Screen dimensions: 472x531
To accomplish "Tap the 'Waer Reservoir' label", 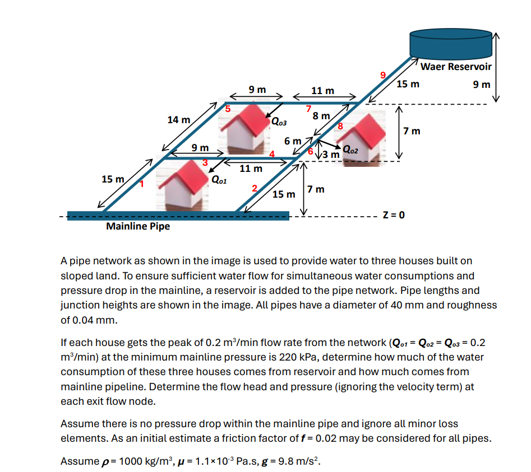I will click(455, 67).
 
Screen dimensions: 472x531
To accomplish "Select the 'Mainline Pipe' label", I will click(138, 227).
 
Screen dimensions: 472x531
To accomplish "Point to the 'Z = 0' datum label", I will click(393, 215).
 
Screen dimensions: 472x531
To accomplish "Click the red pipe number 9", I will click(383, 74).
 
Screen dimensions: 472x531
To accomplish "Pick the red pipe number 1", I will click(142, 183).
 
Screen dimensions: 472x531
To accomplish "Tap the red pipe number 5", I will click(228, 109).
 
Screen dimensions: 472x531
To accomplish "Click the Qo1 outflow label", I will click(219, 180).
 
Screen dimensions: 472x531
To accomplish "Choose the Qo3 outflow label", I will click(279, 121).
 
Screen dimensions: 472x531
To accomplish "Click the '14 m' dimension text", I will click(178, 120).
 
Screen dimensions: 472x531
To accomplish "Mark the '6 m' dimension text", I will click(292, 141).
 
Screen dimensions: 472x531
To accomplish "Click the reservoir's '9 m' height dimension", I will click(481, 85).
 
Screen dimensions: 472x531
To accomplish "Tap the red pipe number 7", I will click(308, 109).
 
